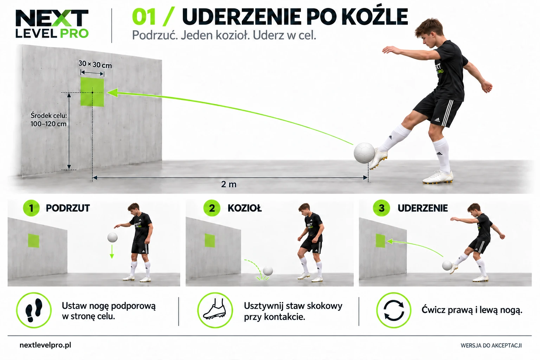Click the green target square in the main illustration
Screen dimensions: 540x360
click(92, 92)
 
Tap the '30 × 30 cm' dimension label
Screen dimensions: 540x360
click(95, 64)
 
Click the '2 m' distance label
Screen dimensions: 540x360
click(229, 184)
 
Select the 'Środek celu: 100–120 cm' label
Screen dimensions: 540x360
click(49, 120)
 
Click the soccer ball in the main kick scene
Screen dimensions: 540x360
click(364, 153)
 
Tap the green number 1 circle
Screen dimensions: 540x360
click(31, 208)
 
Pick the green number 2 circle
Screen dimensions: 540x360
click(212, 208)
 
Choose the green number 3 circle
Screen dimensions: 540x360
click(381, 208)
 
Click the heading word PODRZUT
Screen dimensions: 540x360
click(68, 208)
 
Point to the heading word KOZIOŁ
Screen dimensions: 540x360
click(244, 208)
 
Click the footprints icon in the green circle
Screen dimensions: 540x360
click(34, 310)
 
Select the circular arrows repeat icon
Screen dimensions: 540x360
click(394, 310)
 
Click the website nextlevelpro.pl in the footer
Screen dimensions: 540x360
click(45, 345)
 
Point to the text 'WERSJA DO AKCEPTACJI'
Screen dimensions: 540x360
click(491, 346)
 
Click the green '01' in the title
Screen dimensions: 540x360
click(144, 17)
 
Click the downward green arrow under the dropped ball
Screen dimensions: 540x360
click(111, 251)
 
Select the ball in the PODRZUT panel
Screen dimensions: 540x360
click(112, 238)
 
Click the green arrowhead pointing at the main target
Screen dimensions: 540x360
click(112, 93)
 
